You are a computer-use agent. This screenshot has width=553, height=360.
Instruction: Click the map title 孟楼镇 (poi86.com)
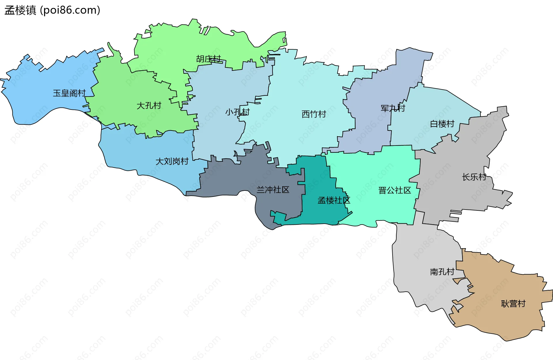(52, 10)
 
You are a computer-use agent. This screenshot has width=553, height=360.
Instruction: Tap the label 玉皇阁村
(69, 93)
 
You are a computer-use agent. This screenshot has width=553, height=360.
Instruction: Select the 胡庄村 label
(209, 59)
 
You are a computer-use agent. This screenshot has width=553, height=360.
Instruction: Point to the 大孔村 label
(149, 105)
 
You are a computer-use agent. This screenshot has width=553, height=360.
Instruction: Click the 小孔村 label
(237, 112)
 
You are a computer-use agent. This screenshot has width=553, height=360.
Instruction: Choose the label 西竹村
(314, 114)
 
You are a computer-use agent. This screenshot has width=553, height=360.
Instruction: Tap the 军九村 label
(393, 108)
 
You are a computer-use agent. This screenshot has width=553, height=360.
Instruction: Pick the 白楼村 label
(442, 124)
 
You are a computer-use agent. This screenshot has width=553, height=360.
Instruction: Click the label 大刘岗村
(172, 161)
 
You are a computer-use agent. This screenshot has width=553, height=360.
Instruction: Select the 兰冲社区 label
(273, 190)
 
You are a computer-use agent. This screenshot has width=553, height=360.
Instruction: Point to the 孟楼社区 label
(334, 200)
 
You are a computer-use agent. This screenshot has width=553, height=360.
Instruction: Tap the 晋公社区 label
(395, 190)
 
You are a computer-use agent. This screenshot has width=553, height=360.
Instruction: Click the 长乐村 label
(474, 177)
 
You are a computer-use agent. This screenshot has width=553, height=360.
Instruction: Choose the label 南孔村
(442, 272)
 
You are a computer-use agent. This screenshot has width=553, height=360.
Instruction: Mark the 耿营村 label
(513, 304)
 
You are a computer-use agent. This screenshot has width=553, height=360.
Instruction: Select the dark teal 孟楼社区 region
(317, 213)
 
